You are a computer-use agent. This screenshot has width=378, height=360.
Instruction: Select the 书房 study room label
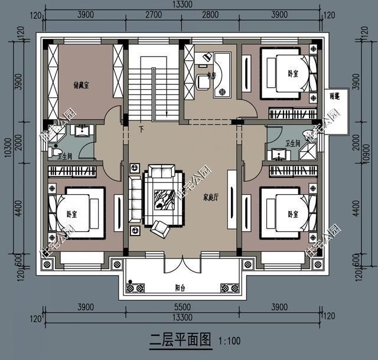click(211, 76)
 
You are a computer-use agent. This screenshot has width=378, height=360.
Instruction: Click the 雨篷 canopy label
click(335, 96)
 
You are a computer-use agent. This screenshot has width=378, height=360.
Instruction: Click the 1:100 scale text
click(230, 341)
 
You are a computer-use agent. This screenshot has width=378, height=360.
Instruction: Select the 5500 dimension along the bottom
click(182, 307)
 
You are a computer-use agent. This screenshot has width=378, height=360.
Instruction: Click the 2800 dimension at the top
click(210, 14)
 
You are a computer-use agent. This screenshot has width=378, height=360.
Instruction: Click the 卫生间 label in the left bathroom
click(64, 155)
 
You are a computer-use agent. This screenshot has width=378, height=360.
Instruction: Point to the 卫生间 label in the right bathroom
click(292, 143)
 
